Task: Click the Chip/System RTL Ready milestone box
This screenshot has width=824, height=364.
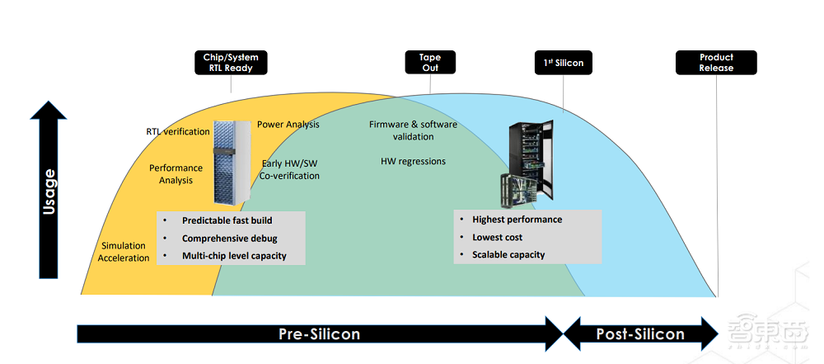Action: (x=231, y=63)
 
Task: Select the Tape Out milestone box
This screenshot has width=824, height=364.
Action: (x=430, y=63)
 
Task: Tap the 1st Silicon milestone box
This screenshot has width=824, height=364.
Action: (x=564, y=63)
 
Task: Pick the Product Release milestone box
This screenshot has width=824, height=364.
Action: (x=716, y=63)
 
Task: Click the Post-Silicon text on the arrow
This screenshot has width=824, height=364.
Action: (x=641, y=334)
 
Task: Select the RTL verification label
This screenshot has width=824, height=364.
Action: (x=176, y=132)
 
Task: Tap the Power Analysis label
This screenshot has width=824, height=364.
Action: (x=288, y=125)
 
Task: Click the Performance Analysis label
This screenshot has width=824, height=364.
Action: (x=176, y=174)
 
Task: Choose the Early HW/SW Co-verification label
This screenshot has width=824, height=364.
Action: (x=290, y=169)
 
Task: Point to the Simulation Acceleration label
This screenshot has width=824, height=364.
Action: (x=124, y=252)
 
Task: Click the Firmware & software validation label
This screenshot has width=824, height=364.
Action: (x=413, y=130)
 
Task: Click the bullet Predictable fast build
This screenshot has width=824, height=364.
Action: (x=227, y=220)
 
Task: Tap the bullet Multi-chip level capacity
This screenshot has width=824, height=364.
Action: (x=234, y=256)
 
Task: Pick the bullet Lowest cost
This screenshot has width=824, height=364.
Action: (x=497, y=238)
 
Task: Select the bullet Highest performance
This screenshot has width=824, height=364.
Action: (x=517, y=220)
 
